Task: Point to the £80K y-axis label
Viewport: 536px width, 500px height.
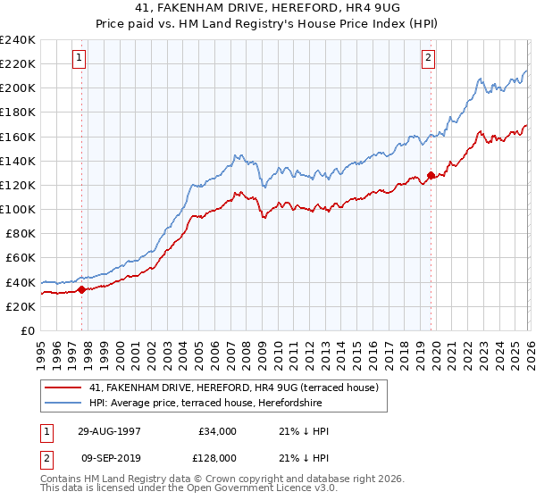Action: [x=21, y=233]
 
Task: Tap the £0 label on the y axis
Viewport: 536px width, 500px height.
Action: [x=29, y=330]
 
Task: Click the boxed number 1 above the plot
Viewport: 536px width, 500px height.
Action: [x=80, y=58]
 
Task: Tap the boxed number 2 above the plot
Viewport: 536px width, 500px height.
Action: [x=428, y=58]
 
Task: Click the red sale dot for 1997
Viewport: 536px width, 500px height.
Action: [x=82, y=289]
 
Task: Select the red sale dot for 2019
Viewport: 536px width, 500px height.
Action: [x=431, y=176]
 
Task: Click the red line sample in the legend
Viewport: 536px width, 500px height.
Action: [x=65, y=387]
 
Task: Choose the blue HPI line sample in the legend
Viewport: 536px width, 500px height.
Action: [x=65, y=402]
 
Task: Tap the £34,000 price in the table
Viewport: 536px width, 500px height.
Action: [x=218, y=431]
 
